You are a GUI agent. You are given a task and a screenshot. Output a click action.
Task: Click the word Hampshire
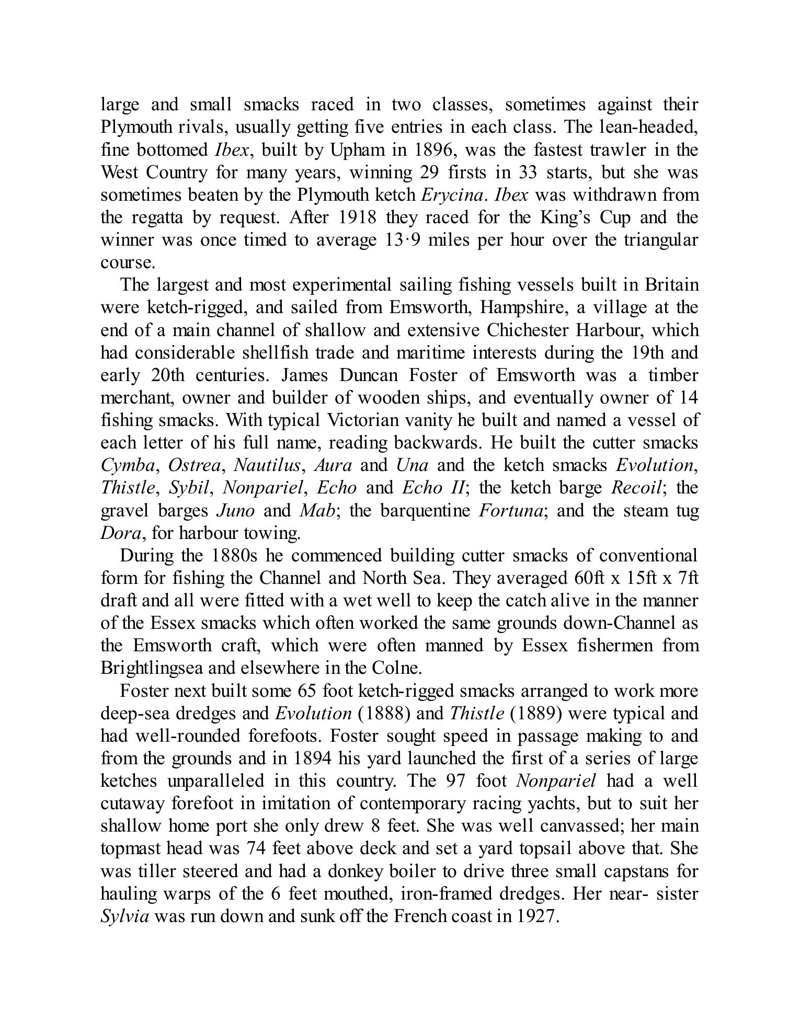pyautogui.click(x=523, y=307)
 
